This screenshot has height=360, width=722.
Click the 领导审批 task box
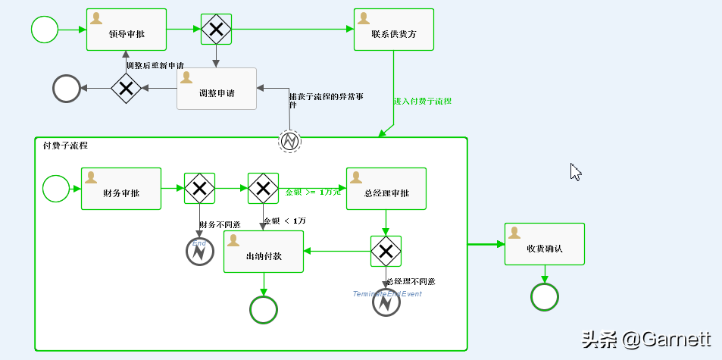[127, 30]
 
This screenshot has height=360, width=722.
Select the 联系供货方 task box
[393, 30]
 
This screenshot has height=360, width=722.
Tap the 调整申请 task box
[217, 89]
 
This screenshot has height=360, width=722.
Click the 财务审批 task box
[121, 189]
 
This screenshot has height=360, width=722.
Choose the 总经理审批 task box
[386, 189]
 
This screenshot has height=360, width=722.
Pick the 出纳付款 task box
[264, 252]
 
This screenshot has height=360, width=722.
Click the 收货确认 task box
[544, 244]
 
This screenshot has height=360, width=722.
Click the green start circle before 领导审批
[45, 30]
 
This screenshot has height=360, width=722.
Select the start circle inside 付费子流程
[56, 189]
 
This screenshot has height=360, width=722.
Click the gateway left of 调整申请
[127, 89]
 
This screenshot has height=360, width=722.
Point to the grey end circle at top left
[67, 89]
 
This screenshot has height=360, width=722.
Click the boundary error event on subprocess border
[290, 140]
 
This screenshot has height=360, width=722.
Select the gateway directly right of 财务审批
[200, 189]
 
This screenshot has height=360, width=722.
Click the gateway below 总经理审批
[386, 251]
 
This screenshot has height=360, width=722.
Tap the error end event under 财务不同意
[200, 252]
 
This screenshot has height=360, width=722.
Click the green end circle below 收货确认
[544, 297]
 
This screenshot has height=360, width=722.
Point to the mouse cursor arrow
[574, 171]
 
